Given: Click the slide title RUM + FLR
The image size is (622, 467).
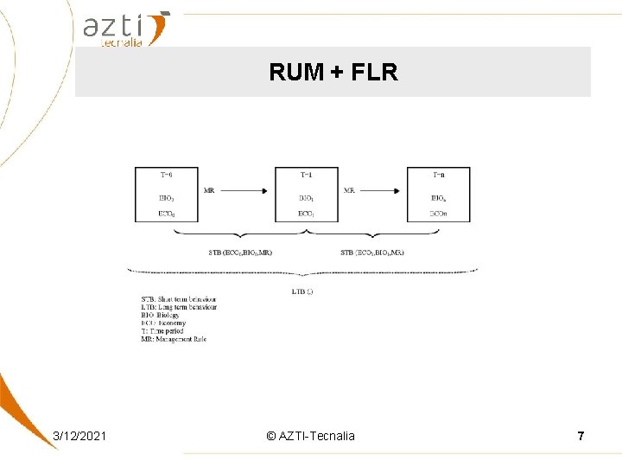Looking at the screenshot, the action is click(333, 72).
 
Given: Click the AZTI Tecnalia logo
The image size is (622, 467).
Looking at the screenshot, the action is click(126, 29).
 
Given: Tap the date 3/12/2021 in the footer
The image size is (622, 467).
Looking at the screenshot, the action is click(79, 436).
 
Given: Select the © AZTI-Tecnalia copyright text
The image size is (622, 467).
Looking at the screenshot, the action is click(311, 436).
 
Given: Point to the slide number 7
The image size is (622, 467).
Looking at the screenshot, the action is click(581, 436).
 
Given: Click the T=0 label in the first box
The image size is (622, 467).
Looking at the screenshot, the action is click(166, 175).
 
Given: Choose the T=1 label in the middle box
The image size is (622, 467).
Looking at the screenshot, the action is click(306, 175).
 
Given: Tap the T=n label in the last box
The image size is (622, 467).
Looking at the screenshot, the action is click(439, 175).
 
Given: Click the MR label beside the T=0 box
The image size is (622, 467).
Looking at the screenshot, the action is click(209, 189).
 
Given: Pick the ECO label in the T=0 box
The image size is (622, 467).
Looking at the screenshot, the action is click(166, 213).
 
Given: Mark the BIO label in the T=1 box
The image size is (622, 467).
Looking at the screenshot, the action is click(306, 198).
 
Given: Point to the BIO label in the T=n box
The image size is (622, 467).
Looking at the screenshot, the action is click(439, 198).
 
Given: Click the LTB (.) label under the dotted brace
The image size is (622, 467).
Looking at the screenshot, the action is click(302, 291).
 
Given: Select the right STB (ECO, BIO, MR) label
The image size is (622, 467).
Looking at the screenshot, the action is click(373, 253).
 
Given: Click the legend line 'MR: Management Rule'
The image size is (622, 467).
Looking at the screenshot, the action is click(174, 339).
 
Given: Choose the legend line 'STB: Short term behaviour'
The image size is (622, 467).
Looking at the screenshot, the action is click(178, 299).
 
